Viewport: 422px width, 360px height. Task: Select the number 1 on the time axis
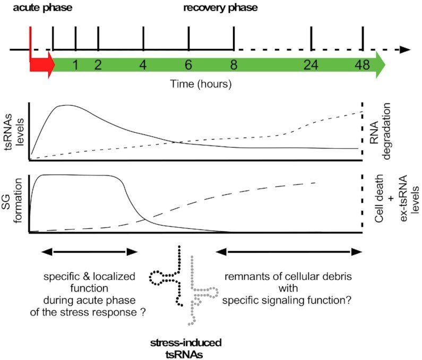(75, 66)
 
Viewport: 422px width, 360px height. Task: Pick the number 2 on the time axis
(98, 66)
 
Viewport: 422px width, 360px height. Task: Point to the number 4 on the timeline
(143, 66)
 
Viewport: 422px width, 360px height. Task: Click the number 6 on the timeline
(188, 66)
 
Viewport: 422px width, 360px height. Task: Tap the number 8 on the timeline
(234, 66)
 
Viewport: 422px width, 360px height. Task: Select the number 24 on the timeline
(311, 66)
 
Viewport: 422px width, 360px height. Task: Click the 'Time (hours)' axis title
(201, 84)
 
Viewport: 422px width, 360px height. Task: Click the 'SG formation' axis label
(14, 204)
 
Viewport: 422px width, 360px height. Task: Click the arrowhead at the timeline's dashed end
(406, 50)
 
